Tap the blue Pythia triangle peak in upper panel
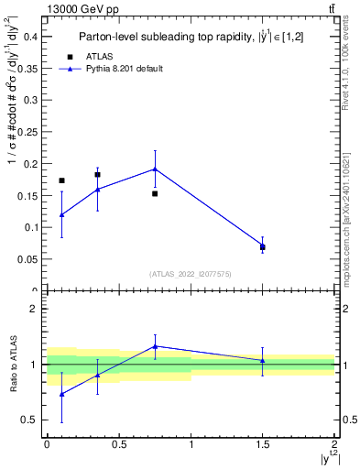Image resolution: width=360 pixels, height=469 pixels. coord(155,169)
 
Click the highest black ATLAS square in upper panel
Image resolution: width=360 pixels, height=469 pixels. coord(97,174)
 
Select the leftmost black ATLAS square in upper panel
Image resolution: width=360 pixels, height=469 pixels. coord(61,180)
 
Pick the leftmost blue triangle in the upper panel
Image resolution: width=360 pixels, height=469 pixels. coord(61,215)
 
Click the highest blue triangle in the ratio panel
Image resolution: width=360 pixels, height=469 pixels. coord(155,346)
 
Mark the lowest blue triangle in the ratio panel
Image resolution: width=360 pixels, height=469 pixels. coord(61,394)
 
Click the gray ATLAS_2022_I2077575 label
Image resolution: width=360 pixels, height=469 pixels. coord(191,273)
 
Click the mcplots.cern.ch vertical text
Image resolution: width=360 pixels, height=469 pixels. coord(345,220)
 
